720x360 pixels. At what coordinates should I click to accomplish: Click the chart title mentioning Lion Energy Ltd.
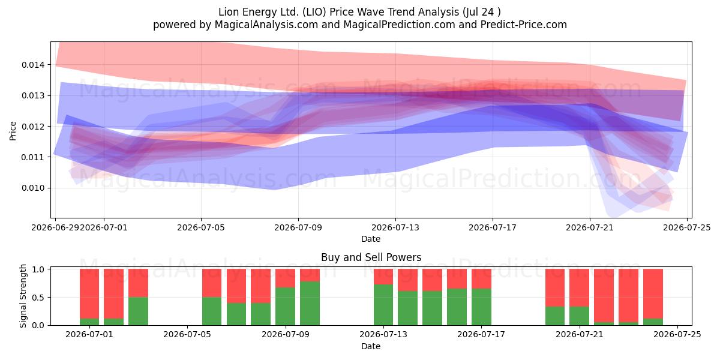click(x=359, y=12)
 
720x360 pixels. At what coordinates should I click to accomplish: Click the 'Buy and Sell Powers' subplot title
click(x=371, y=257)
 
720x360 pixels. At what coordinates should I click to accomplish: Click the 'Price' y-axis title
click(x=13, y=131)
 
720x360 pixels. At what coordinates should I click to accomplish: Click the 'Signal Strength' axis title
click(x=23, y=296)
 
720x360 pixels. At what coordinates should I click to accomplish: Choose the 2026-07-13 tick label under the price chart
click(x=395, y=227)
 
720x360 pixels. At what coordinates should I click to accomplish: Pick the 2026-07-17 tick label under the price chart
click(x=493, y=227)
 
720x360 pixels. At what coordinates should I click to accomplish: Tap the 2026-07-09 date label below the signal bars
click(x=286, y=334)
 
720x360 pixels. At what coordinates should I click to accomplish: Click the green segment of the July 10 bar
click(x=310, y=303)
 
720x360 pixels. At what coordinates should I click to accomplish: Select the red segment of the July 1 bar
click(x=89, y=293)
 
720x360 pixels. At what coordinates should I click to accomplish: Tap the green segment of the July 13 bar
click(x=383, y=305)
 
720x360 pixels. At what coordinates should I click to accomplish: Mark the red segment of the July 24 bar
click(x=653, y=293)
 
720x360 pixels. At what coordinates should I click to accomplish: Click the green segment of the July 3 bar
click(x=138, y=311)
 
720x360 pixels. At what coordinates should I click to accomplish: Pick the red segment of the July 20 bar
click(x=555, y=287)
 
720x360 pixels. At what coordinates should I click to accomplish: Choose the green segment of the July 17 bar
click(x=481, y=307)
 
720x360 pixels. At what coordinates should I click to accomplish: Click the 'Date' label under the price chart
click(x=371, y=239)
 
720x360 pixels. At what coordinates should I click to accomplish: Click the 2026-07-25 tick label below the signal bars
click(x=677, y=334)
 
